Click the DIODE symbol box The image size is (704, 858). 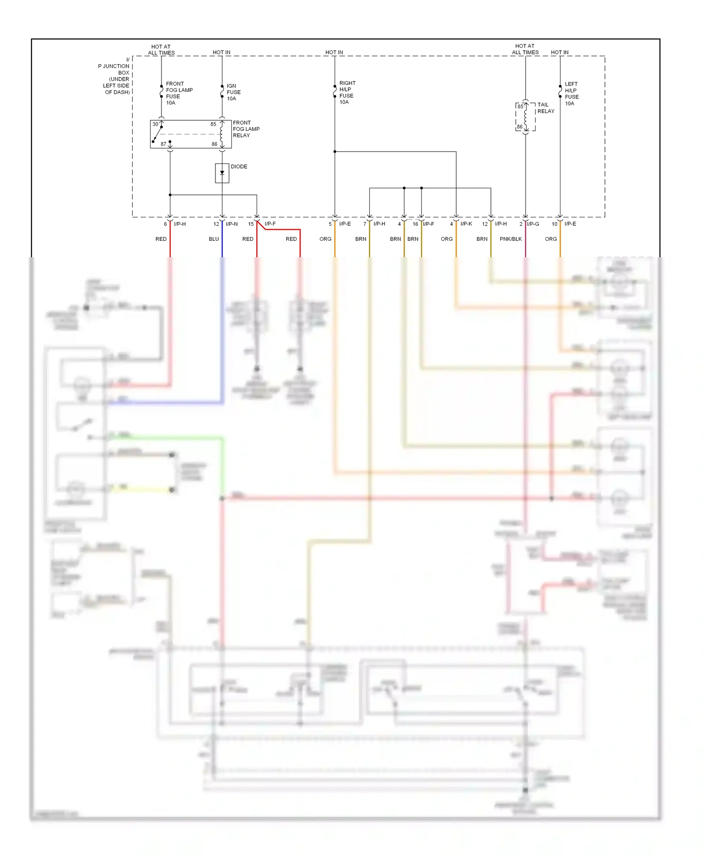click(x=222, y=173)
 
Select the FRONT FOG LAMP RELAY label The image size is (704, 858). click(x=246, y=129)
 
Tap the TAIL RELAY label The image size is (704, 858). click(x=545, y=108)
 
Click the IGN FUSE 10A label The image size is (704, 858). click(x=233, y=92)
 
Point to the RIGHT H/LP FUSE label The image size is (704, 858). click(x=347, y=92)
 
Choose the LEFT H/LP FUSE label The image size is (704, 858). click(x=571, y=93)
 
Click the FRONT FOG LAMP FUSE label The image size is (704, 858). click(x=179, y=93)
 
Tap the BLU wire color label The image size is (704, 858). click(x=214, y=239)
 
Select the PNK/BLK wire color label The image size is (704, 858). click(x=511, y=239)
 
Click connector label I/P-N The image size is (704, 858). click(x=232, y=224)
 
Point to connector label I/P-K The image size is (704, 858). click(x=466, y=224)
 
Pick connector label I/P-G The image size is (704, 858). click(x=533, y=224)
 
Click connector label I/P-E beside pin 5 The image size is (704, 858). click(x=345, y=224)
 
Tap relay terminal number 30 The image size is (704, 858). click(x=155, y=124)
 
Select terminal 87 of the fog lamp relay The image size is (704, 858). click(x=163, y=144)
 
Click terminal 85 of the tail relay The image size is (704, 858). click(x=520, y=107)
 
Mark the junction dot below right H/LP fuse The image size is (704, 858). click(x=335, y=152)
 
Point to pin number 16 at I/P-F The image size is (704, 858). click(x=415, y=224)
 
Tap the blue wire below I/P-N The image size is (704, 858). click(x=222, y=244)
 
